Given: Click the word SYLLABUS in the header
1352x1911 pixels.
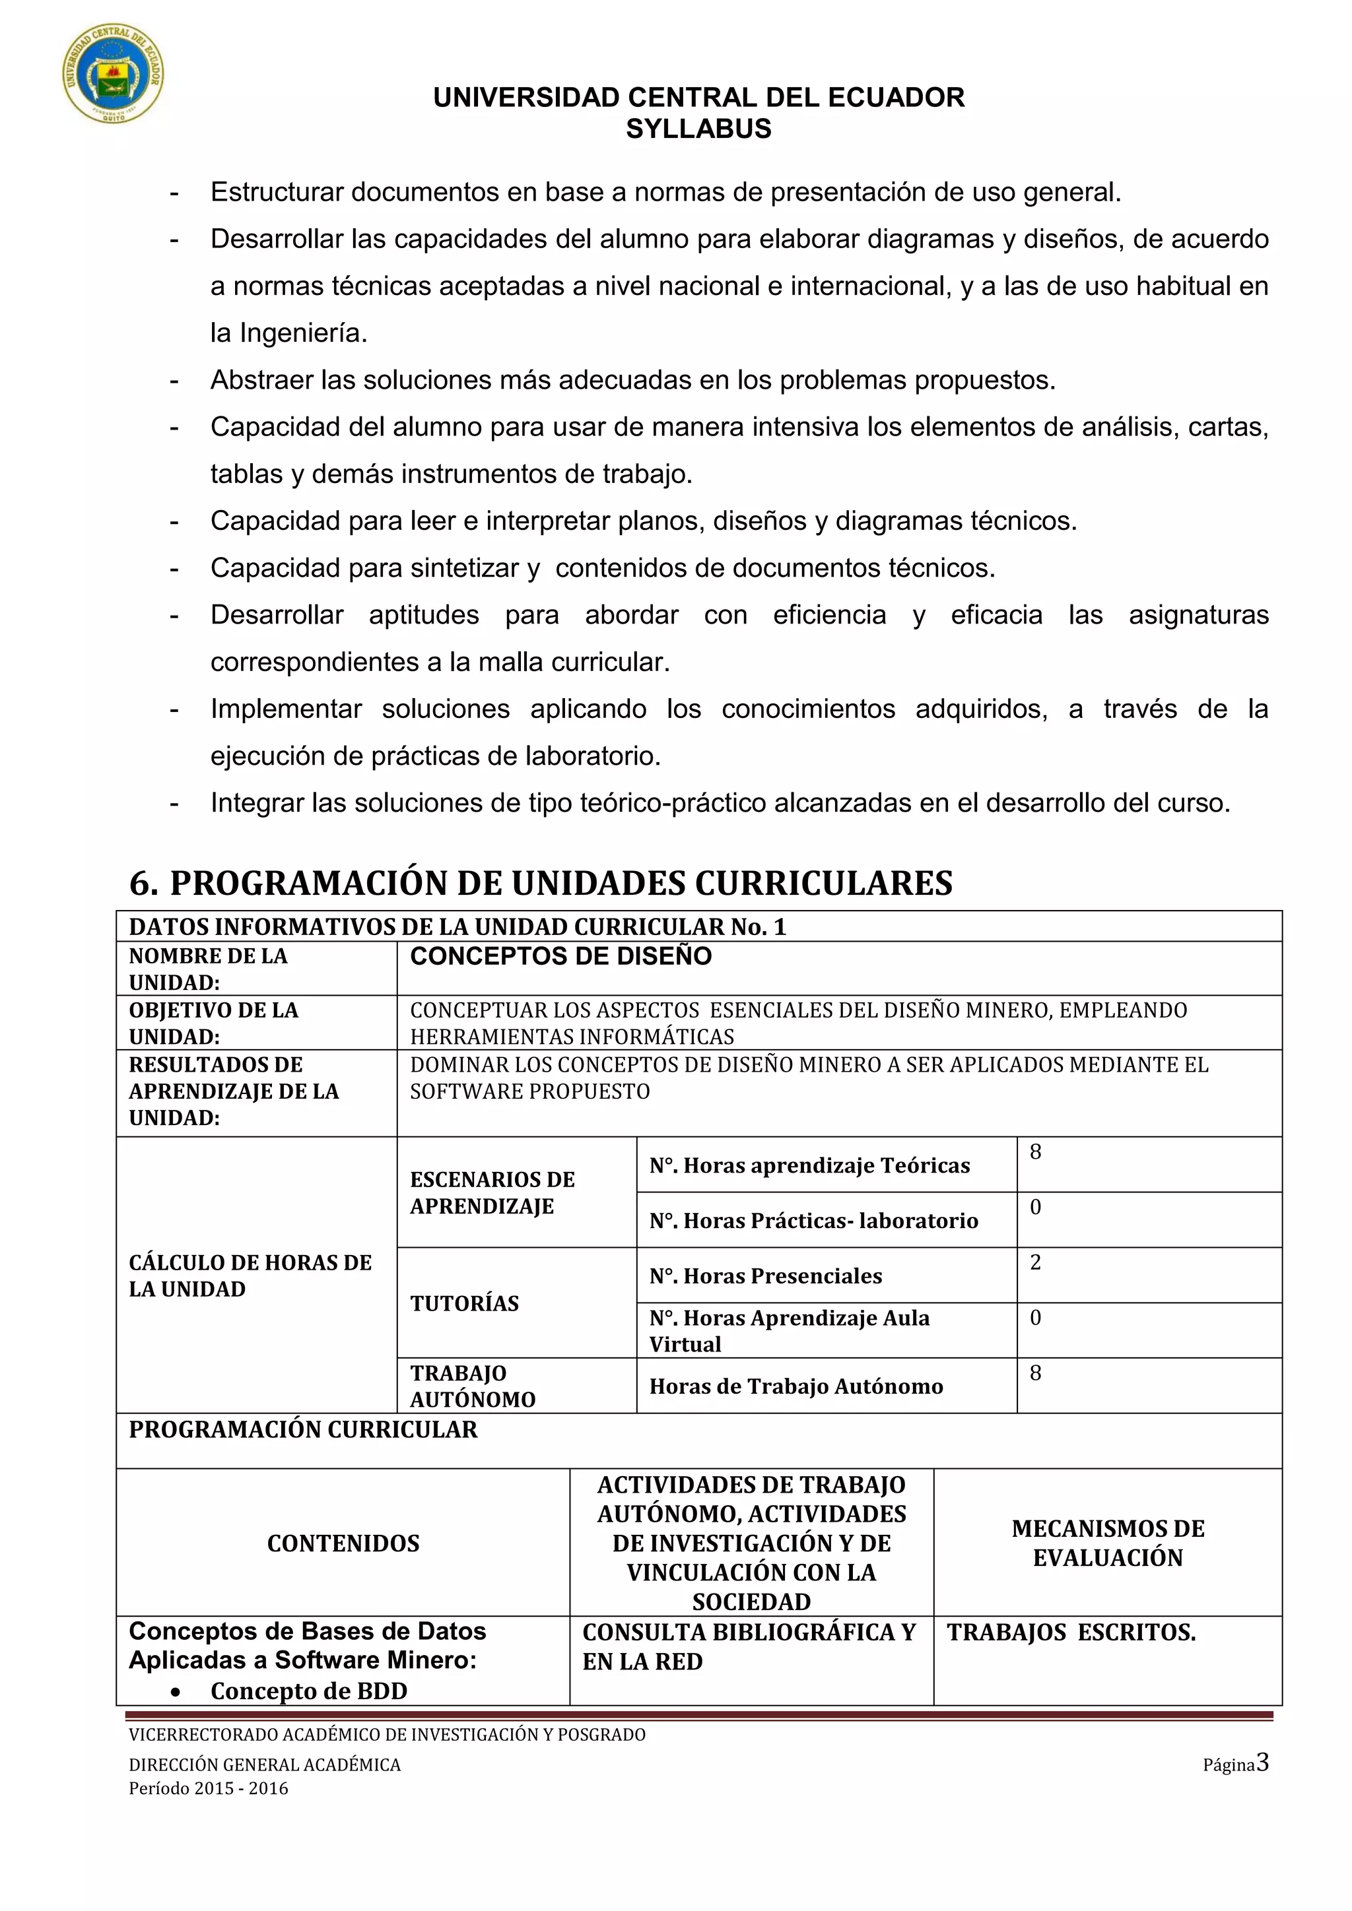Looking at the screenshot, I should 698,129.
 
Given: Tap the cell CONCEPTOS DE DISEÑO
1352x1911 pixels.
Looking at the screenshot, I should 561,956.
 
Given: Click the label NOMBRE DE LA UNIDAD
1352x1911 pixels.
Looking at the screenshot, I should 208,969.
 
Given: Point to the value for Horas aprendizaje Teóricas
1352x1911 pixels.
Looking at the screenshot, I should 1036,1153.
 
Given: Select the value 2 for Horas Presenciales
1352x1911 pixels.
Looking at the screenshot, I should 1036,1262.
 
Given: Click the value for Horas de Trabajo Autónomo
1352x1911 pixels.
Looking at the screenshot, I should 1036,1373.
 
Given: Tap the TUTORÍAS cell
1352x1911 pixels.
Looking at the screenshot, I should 465,1303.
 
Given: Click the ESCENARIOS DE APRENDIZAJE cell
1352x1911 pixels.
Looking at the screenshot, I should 492,1192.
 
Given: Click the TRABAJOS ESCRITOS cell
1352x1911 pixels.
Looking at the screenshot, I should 1071,1632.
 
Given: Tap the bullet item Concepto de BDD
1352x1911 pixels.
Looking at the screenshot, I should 309,1691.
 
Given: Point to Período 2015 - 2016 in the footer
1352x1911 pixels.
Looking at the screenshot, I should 208,1788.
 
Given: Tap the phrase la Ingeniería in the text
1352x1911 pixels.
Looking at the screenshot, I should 288,334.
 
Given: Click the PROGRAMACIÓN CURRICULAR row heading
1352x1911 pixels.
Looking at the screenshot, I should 303,1430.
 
